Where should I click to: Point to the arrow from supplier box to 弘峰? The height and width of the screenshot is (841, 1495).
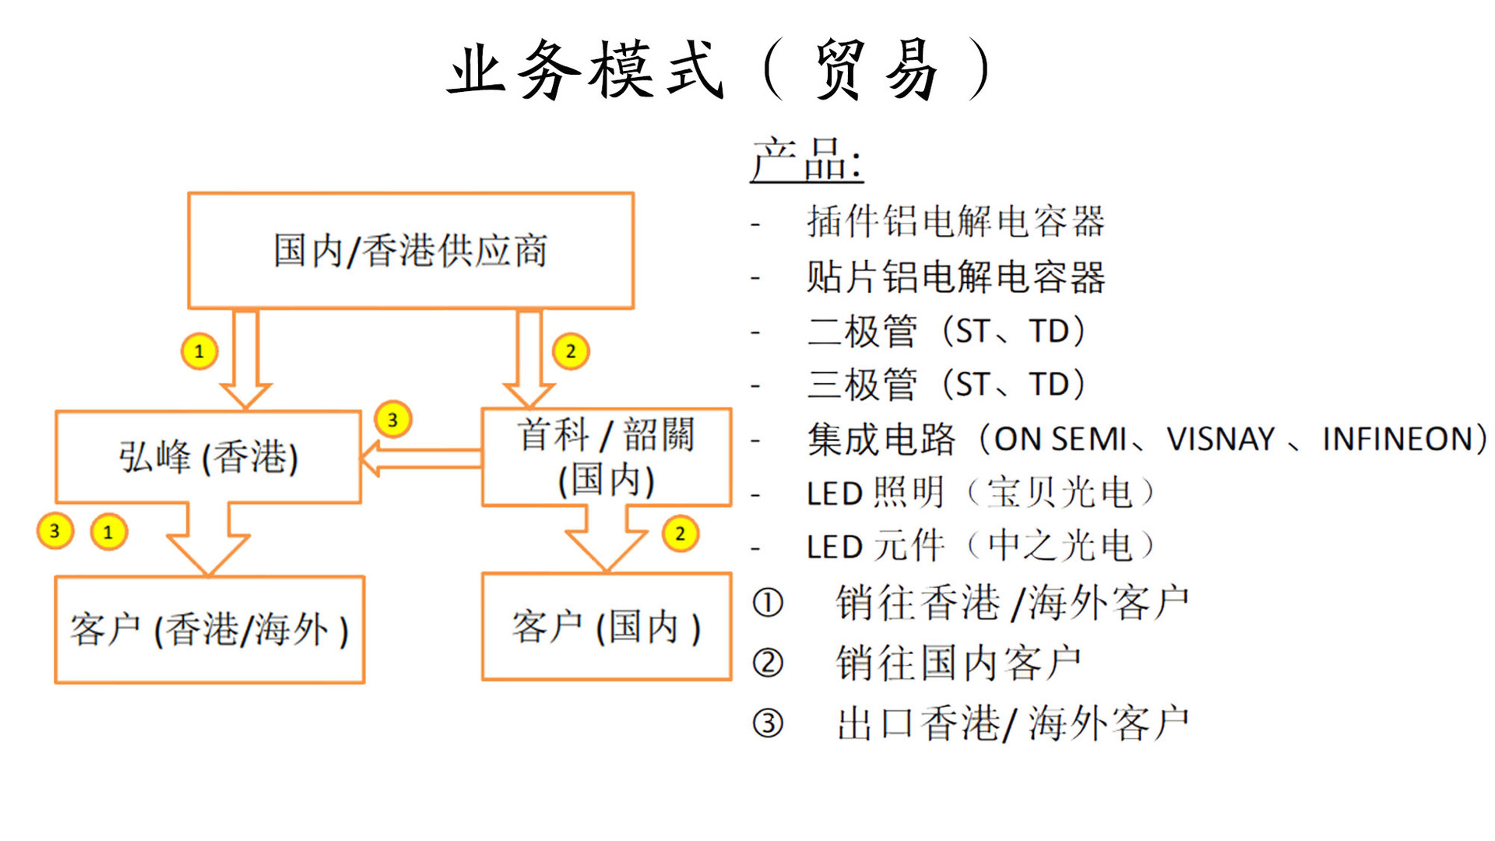click(245, 359)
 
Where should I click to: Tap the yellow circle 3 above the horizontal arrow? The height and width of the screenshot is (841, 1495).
click(392, 420)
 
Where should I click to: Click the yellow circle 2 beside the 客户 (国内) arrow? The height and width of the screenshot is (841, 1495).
click(680, 533)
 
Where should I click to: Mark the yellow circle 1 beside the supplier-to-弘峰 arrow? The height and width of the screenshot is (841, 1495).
click(199, 351)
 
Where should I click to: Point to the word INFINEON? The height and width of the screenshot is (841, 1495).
click(1397, 439)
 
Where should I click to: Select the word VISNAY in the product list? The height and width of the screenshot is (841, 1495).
click(1220, 439)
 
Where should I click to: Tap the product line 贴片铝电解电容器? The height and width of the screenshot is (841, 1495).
click(955, 276)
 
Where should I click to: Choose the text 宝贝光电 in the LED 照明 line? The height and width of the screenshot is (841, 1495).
click(1060, 493)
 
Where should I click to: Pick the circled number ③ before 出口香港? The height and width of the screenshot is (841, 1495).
click(768, 723)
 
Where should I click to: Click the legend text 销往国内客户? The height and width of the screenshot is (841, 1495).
click(959, 663)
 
